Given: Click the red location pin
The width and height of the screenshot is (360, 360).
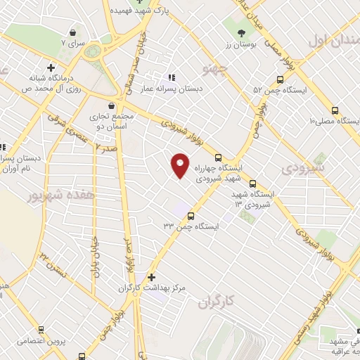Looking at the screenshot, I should point(180,165).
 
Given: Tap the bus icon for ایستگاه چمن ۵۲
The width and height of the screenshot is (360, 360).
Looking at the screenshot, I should point(257,91).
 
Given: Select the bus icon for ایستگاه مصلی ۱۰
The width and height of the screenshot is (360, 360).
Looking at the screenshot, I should point(334,110).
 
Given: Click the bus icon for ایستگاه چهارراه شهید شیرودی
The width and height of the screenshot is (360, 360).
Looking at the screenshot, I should point(218,157).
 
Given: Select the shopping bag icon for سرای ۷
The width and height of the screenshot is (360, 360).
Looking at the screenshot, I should point(72,32).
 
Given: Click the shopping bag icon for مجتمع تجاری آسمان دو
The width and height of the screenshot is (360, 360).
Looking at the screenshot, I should point(94,109).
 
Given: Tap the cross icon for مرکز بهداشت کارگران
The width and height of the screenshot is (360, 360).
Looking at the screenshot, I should point(151,277).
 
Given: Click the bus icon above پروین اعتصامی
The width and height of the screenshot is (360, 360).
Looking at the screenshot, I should point(41,328).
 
